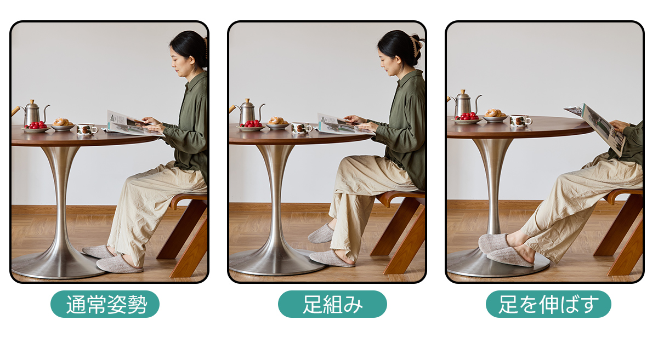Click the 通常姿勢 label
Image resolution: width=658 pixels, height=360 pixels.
point(105,304)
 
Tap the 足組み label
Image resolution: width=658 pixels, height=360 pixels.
point(332,304)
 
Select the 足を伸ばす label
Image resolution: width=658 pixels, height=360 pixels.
point(548,304)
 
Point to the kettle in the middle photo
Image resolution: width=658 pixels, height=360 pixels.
point(248,112)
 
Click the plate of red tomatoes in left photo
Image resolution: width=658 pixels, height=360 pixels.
point(36,128)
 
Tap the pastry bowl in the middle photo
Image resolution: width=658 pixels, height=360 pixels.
point(277,123)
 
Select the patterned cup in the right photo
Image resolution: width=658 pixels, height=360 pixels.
point(520,121)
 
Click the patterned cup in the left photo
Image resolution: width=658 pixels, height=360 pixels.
point(87,129)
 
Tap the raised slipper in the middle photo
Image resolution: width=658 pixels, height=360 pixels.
point(321,233)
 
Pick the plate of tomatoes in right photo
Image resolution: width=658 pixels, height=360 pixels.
point(467,118)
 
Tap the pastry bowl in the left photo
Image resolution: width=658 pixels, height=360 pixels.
point(63,125)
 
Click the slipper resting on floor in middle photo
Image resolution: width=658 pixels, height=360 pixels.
point(332,259)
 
